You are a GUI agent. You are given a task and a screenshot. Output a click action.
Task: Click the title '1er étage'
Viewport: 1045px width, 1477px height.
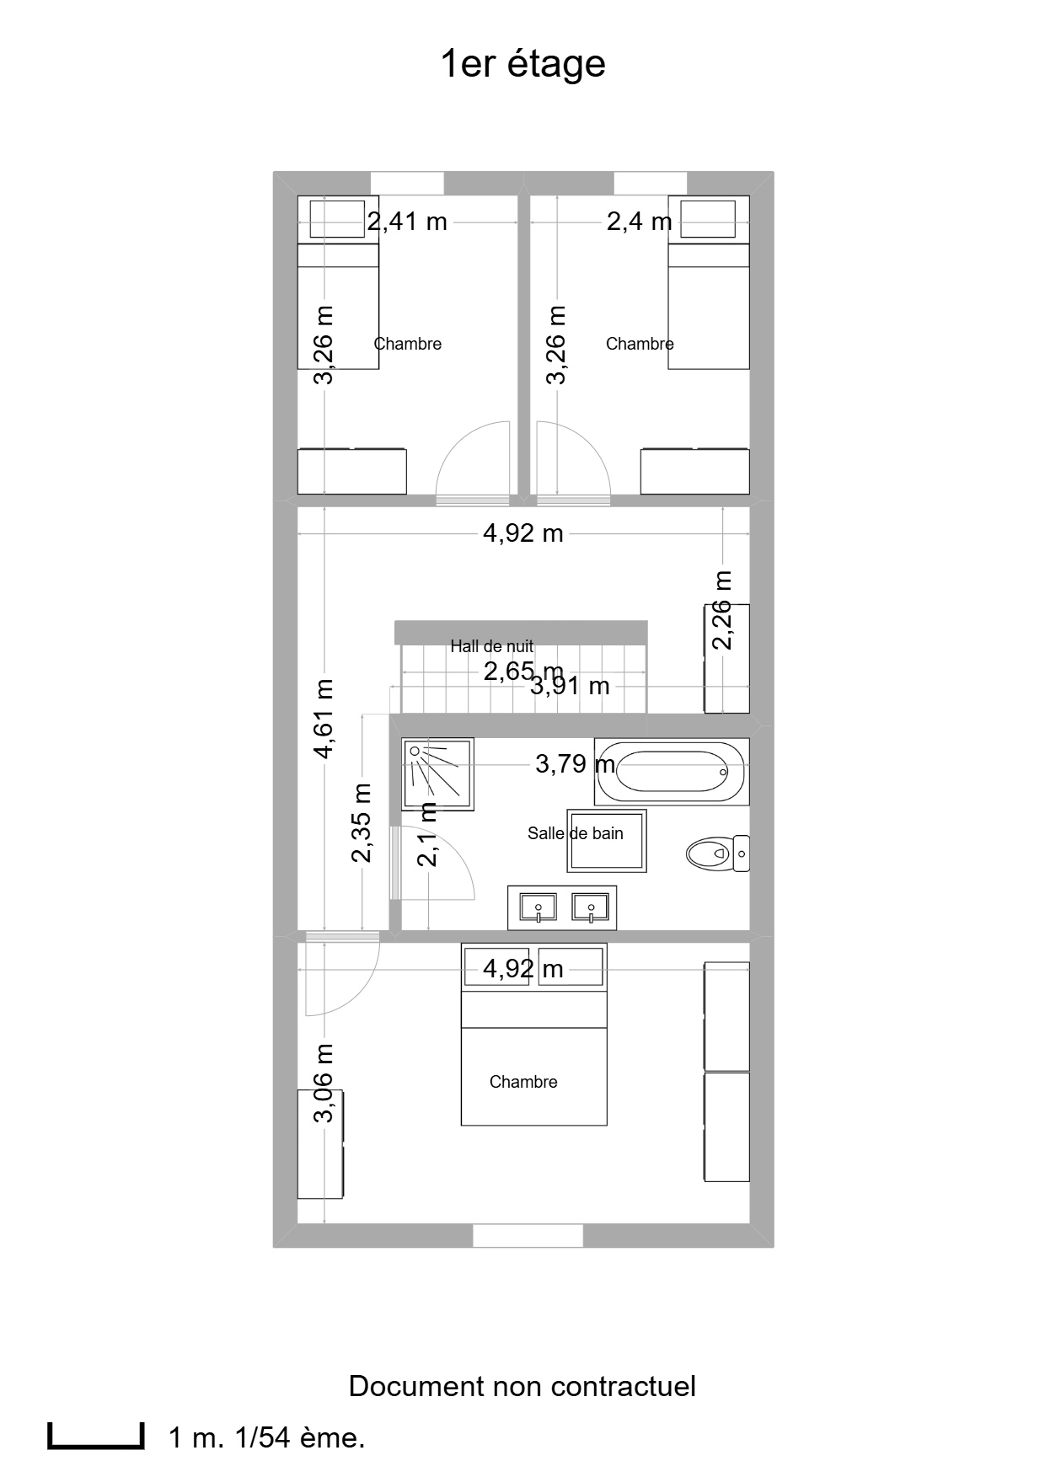pyautogui.click(x=522, y=64)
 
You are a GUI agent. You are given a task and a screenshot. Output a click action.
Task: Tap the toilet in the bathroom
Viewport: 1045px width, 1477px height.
pyautogui.click(x=717, y=854)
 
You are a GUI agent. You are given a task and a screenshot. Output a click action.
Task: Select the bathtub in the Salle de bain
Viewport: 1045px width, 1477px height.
pyautogui.click(x=672, y=771)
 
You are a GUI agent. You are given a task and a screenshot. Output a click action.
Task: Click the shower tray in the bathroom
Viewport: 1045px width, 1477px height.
pyautogui.click(x=437, y=773)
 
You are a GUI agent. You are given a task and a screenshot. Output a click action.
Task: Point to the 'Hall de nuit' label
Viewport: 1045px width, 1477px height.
pyautogui.click(x=491, y=646)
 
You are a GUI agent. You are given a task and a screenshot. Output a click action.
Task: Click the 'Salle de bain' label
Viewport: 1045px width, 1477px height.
pyautogui.click(x=576, y=833)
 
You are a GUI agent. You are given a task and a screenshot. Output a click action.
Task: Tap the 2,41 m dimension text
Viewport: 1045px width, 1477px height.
pyautogui.click(x=407, y=222)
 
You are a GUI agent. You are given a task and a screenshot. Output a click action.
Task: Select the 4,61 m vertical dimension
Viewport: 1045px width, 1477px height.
pyautogui.click(x=324, y=718)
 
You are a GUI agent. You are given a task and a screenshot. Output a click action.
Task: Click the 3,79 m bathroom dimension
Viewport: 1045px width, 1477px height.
pyautogui.click(x=576, y=764)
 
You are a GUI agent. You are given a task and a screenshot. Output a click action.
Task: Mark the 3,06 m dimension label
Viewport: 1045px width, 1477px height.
pyautogui.click(x=324, y=1083)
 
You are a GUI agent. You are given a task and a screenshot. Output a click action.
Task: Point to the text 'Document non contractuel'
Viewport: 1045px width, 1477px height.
pyautogui.click(x=522, y=1386)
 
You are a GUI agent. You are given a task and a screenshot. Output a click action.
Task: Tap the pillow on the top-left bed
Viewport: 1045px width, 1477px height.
pyautogui.click(x=337, y=219)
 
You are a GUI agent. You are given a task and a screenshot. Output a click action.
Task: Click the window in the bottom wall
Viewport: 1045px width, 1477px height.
pyautogui.click(x=528, y=1235)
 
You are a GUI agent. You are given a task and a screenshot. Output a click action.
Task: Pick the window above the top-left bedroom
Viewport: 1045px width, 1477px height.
pyautogui.click(x=407, y=183)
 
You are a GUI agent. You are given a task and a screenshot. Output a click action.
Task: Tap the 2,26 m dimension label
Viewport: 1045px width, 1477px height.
pyautogui.click(x=722, y=610)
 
